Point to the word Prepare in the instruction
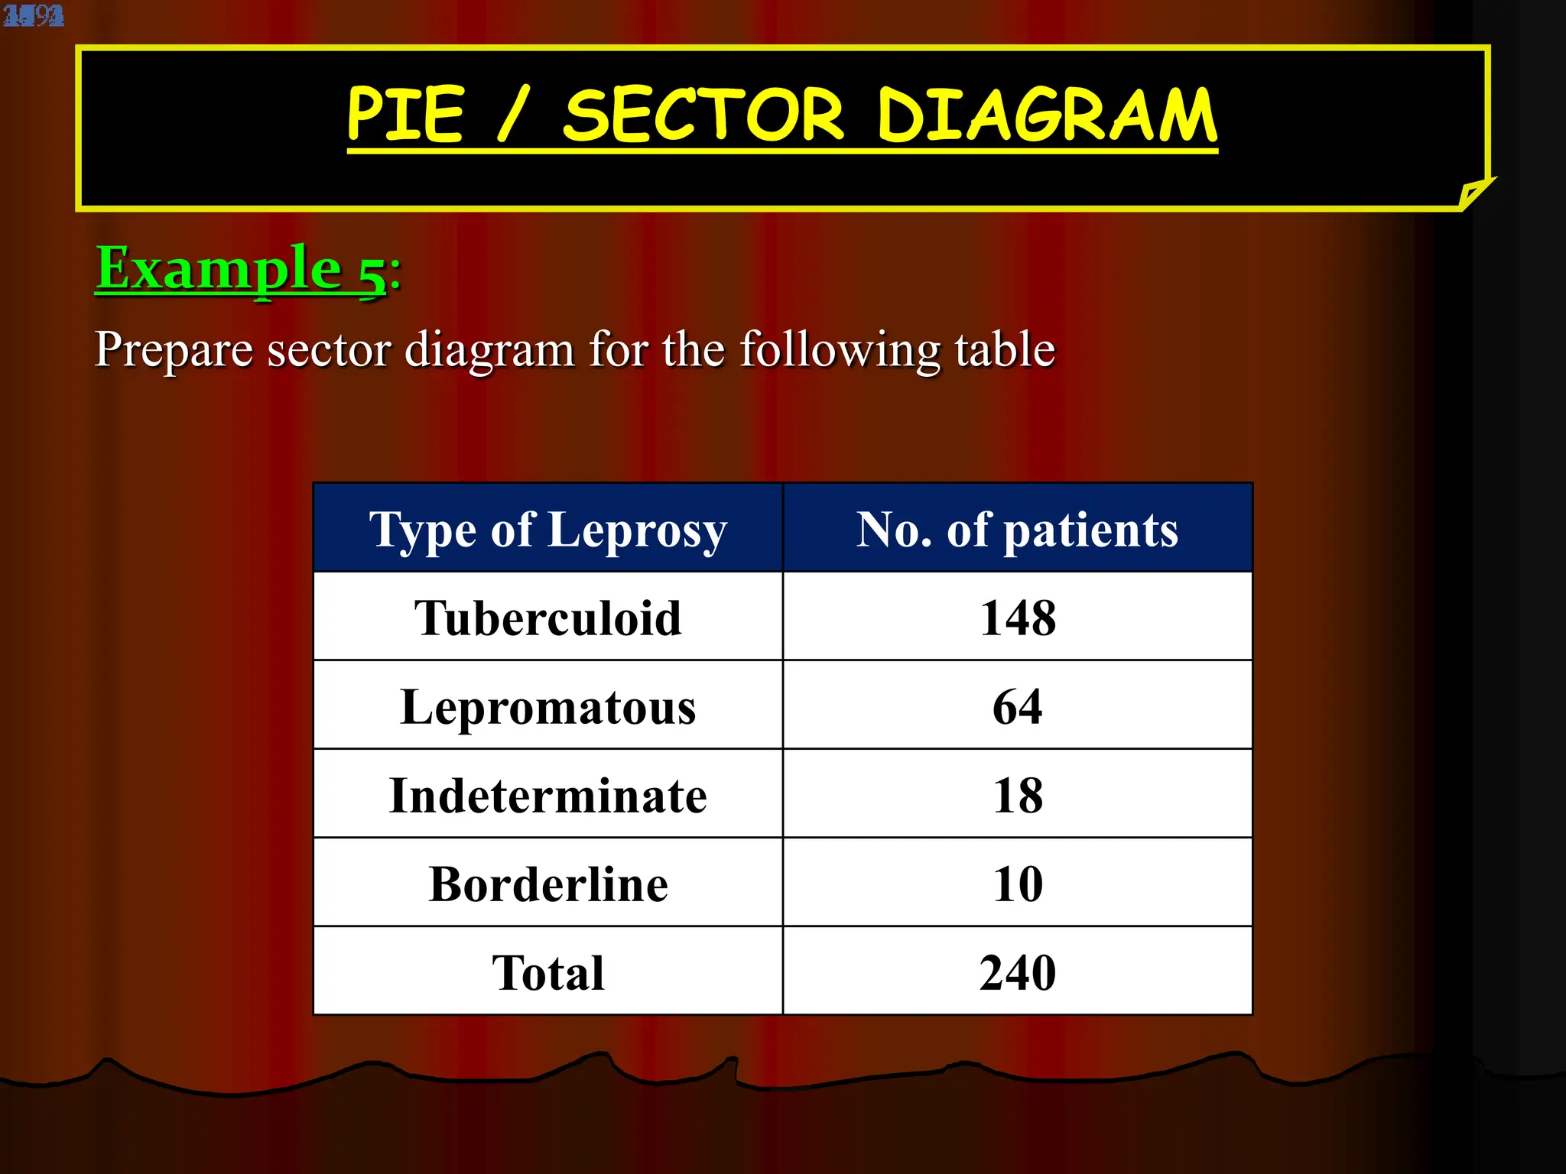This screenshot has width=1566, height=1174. (173, 349)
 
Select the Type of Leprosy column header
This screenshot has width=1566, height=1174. (547, 529)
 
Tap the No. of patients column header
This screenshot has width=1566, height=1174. (1017, 529)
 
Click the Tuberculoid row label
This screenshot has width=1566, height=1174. (547, 618)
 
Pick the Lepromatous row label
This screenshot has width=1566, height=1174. (547, 706)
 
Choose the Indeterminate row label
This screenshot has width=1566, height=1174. (547, 795)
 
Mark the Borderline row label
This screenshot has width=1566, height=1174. (547, 884)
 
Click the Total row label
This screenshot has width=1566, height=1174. (547, 972)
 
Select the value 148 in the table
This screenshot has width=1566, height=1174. (1018, 618)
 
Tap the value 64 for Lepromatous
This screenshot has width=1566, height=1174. (1018, 706)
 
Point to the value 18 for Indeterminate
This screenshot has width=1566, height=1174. (1018, 795)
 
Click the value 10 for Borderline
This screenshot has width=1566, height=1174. (1018, 884)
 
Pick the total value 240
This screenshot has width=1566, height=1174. (1018, 972)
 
